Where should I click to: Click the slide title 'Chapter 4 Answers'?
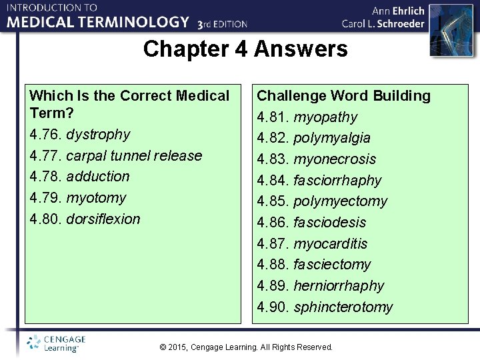(x=245, y=49)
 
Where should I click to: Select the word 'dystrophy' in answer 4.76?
(x=99, y=135)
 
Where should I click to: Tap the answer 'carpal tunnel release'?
(x=134, y=156)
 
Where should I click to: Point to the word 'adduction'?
(x=98, y=177)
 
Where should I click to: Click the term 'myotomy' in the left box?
(x=96, y=198)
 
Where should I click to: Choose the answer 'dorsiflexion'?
(x=103, y=219)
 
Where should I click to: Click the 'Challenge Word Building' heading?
(x=344, y=96)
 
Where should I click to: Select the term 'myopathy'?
(x=325, y=117)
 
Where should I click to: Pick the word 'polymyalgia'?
(x=332, y=138)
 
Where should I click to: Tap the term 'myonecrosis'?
(x=335, y=159)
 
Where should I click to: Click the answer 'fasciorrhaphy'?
(x=337, y=181)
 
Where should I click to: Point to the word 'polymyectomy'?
(x=340, y=201)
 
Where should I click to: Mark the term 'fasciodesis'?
(x=330, y=223)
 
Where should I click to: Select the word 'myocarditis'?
(x=331, y=244)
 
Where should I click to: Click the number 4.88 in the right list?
(x=273, y=265)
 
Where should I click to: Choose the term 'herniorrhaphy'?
(x=339, y=286)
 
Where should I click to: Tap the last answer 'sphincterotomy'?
(x=343, y=307)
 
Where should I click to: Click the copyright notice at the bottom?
(x=246, y=347)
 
